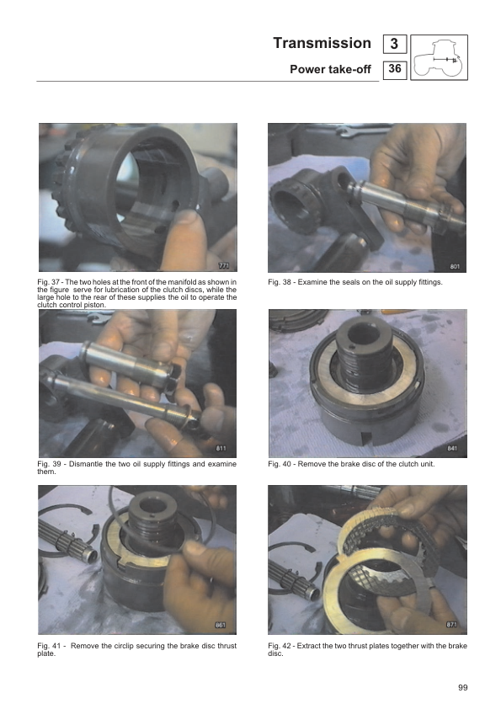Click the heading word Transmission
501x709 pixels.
[x=322, y=43]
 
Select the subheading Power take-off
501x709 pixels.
[x=330, y=69]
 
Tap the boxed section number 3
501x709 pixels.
[x=394, y=44]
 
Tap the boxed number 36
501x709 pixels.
[x=395, y=69]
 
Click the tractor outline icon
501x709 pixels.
[x=439, y=57]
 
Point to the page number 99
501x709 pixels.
[x=462, y=687]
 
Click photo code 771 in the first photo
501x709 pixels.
[x=224, y=265]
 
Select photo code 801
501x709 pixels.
[x=455, y=266]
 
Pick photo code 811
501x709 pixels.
[x=221, y=448]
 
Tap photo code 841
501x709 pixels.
[x=452, y=448]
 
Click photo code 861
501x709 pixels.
[x=221, y=625]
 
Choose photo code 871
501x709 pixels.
[x=451, y=625]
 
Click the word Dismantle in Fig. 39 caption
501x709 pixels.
[x=85, y=464]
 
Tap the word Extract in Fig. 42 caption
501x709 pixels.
[x=309, y=646]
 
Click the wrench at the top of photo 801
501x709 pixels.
[x=362, y=131]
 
